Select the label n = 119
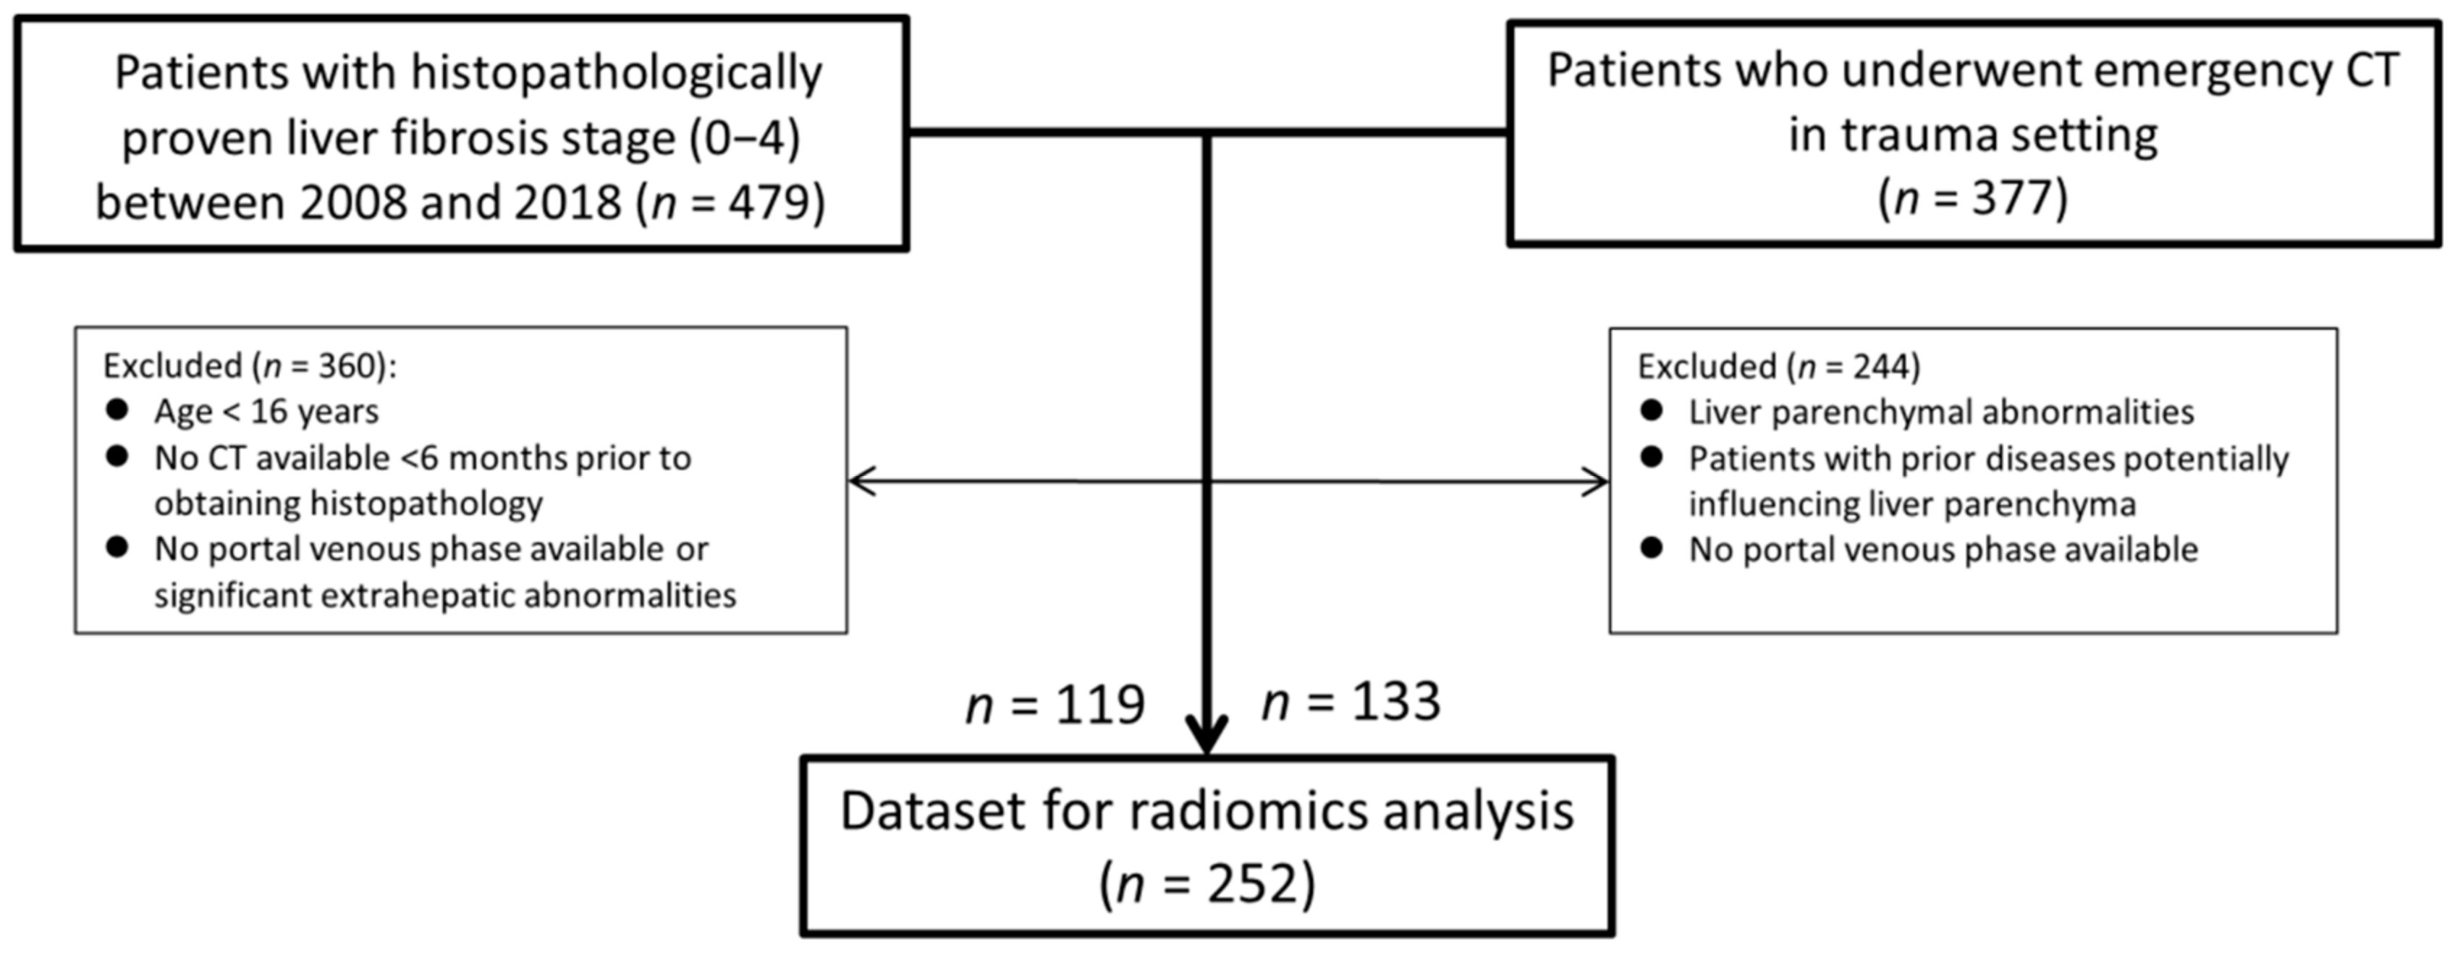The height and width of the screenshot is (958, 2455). click(1055, 705)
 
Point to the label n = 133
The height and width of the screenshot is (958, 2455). click(1351, 703)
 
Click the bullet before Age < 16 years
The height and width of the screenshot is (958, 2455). click(117, 410)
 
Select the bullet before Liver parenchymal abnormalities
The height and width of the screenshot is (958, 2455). click(1652, 411)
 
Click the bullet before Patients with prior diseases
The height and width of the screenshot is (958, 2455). click(1652, 457)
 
